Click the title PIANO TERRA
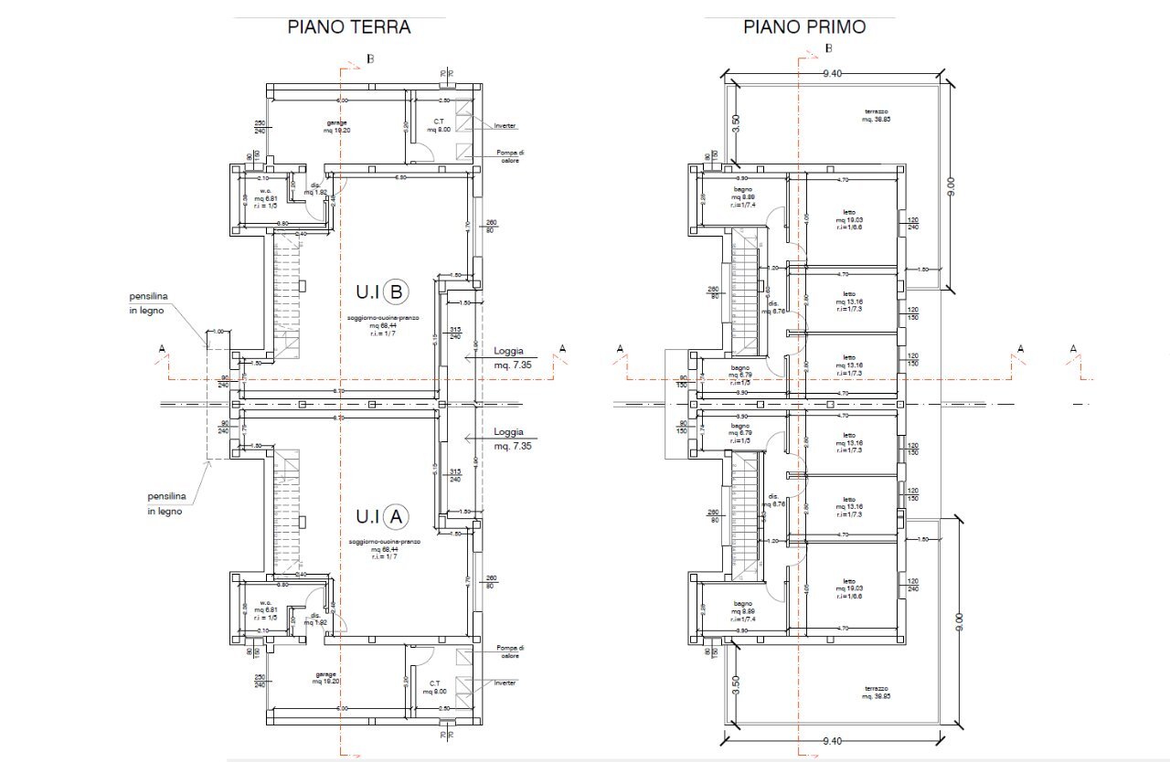[x=348, y=26]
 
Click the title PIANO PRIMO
[x=803, y=26]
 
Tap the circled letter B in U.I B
[x=397, y=292]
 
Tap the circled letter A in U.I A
[x=396, y=516]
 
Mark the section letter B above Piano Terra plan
[x=369, y=59]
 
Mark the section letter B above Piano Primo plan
[x=828, y=48]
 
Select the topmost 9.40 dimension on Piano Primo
[x=832, y=73]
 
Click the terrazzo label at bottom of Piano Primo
[x=876, y=693]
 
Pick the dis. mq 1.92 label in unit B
[x=315, y=189]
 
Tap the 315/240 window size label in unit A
[x=454, y=475]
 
